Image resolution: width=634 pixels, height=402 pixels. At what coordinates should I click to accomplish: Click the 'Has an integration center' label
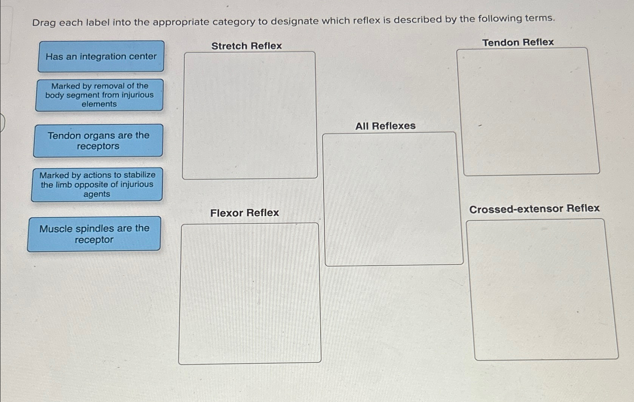[x=101, y=57]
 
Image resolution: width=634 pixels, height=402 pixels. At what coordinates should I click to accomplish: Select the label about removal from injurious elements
[x=99, y=95]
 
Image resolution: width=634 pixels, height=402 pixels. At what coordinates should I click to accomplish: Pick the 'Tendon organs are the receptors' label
[x=98, y=141]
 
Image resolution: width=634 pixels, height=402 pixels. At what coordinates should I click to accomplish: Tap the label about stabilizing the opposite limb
[x=97, y=185]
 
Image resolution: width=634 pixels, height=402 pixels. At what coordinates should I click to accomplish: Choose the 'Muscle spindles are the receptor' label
[x=94, y=234]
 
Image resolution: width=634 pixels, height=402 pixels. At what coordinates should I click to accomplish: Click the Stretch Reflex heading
[x=246, y=46]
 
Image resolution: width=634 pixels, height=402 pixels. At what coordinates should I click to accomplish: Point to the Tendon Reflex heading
[x=518, y=42]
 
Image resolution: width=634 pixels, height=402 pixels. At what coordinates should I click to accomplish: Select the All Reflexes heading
[x=385, y=126]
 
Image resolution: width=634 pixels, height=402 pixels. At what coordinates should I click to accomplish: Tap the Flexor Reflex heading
[x=244, y=213]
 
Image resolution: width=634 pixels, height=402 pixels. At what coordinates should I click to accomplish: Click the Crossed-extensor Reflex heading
[x=534, y=209]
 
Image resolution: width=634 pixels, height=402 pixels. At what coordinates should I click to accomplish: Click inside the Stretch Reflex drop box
[x=250, y=115]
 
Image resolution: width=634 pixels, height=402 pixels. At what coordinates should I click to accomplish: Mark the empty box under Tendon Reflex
[x=528, y=112]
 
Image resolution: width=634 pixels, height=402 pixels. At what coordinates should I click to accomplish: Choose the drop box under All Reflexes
[x=393, y=199]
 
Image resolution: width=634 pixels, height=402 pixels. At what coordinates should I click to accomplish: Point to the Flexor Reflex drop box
[x=250, y=293]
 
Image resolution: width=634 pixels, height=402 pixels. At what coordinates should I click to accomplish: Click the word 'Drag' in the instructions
[x=44, y=23]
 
